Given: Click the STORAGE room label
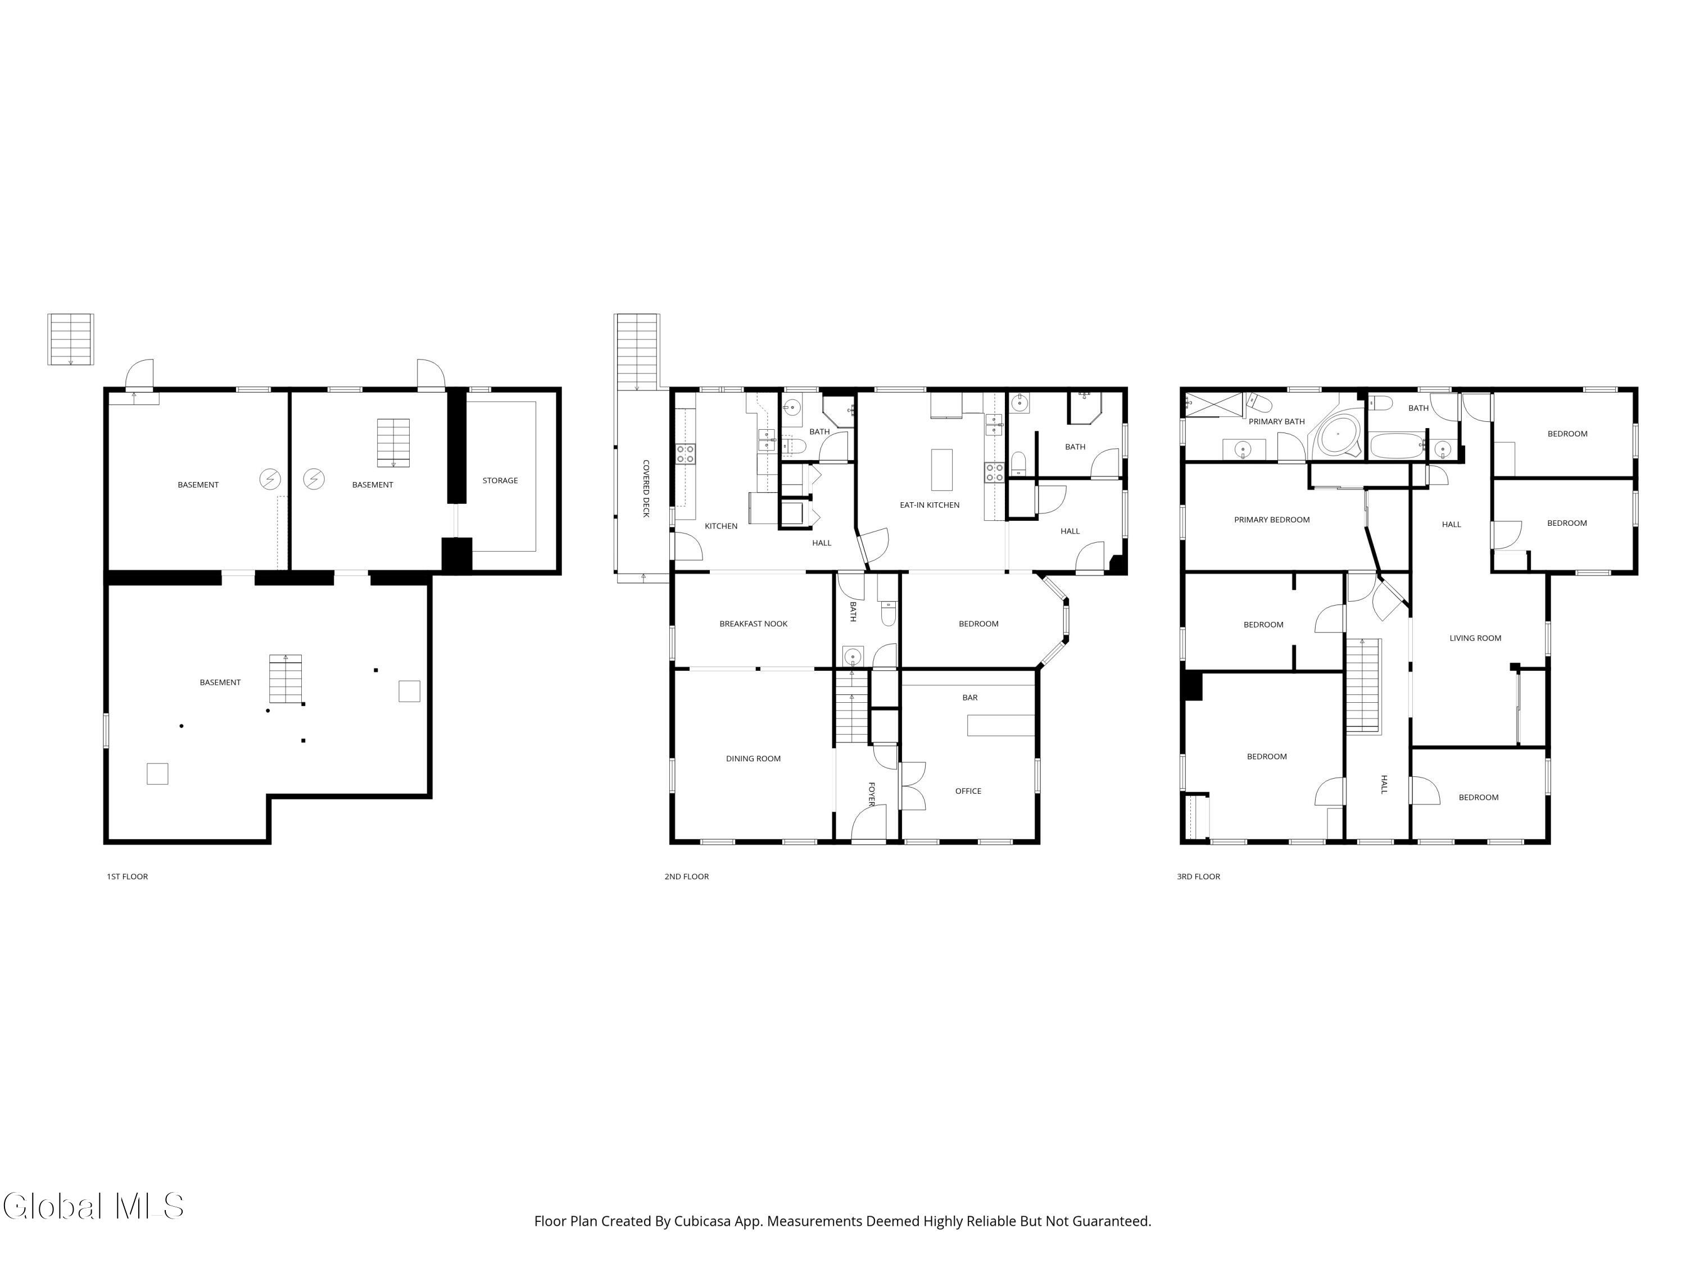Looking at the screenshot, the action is click(x=500, y=481).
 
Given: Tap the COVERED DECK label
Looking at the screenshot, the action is click(x=646, y=488).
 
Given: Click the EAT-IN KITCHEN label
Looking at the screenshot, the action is click(x=929, y=505).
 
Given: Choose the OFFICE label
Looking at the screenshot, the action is click(x=968, y=791).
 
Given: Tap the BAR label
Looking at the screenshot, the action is click(x=969, y=698).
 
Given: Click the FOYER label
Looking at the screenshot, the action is click(x=871, y=793).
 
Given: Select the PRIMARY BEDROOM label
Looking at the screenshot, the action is click(x=1271, y=520).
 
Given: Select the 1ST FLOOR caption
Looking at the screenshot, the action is click(x=127, y=877).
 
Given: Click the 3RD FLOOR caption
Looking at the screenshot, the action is click(x=1198, y=877).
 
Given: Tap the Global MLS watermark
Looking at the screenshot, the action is click(x=93, y=1206).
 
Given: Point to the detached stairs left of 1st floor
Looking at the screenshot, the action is click(x=71, y=339).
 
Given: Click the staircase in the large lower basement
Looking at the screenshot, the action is click(x=285, y=679).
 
